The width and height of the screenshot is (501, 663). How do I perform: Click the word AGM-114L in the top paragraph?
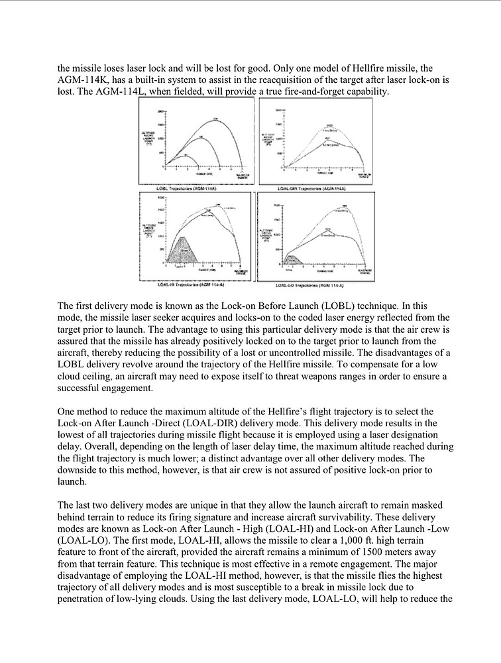(x=98, y=91)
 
